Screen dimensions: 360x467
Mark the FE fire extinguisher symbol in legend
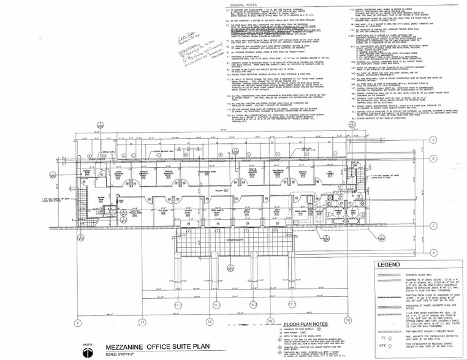click(384, 337)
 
